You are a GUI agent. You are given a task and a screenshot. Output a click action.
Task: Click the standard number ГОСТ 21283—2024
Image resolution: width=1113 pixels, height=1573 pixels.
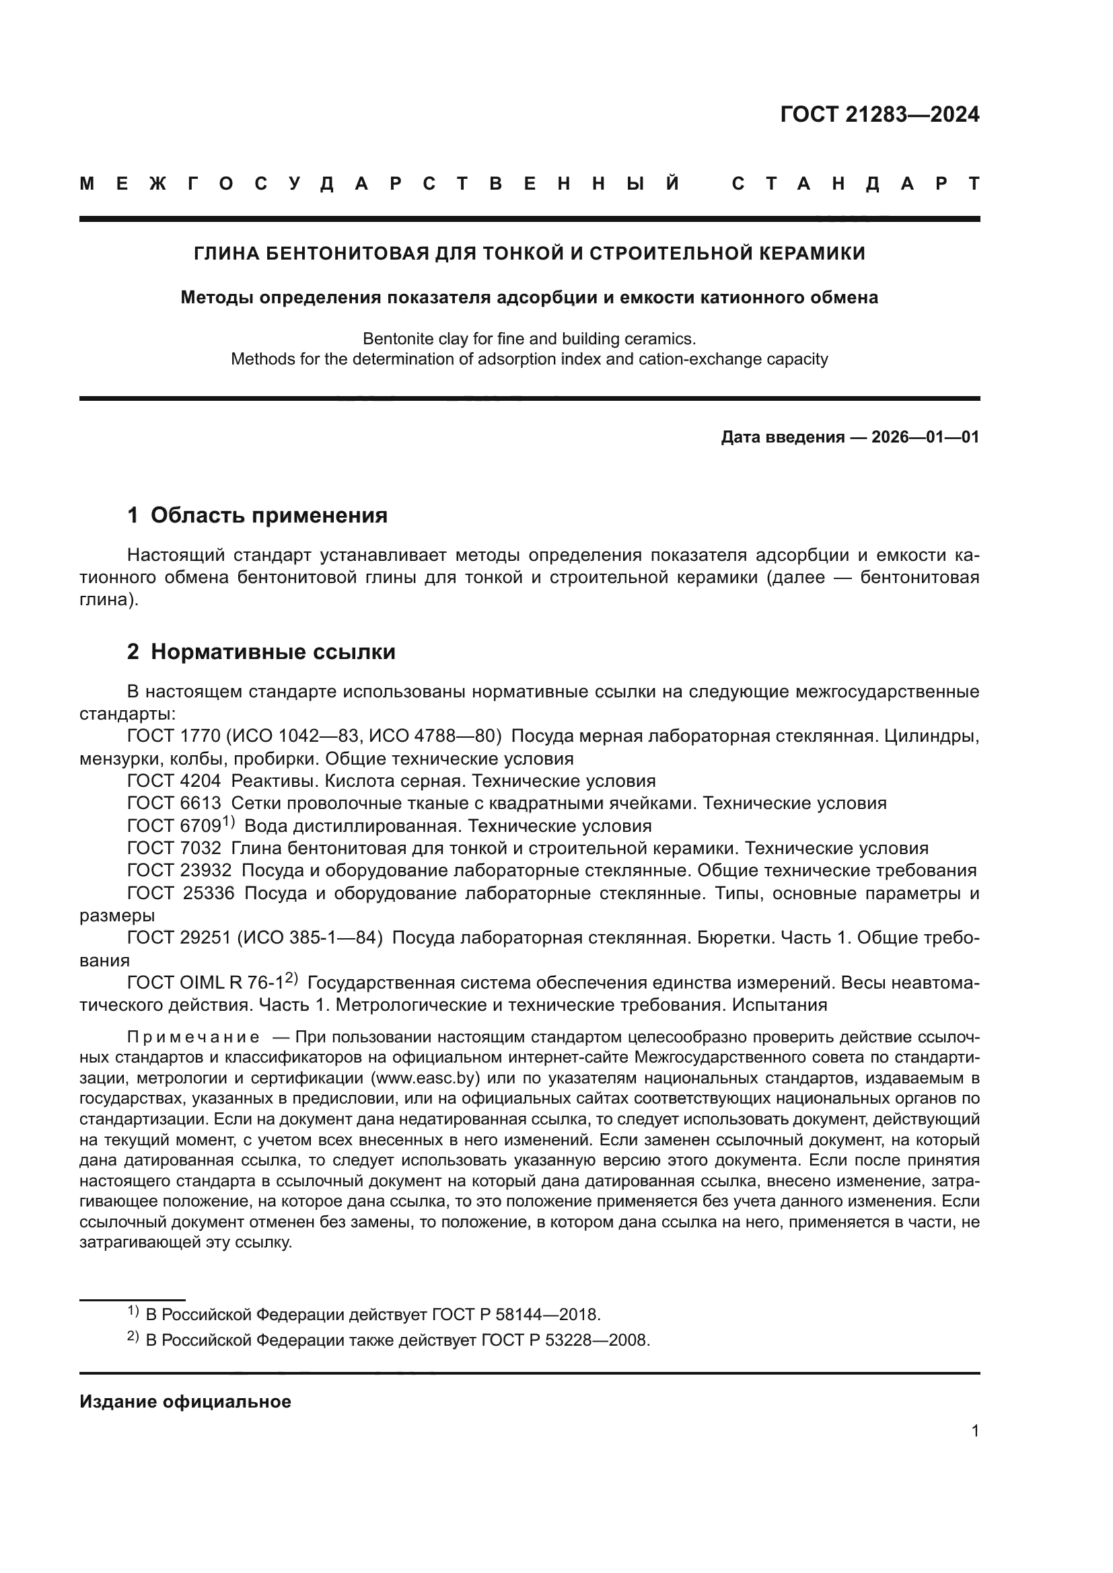tap(879, 114)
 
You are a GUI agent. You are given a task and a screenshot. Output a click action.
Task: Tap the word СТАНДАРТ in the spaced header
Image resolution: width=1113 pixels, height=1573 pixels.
tap(855, 184)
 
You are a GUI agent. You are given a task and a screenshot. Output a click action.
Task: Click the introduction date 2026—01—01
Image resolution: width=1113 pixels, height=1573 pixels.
tap(925, 437)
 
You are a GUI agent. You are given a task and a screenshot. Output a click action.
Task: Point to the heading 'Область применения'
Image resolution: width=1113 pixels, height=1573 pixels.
tap(268, 516)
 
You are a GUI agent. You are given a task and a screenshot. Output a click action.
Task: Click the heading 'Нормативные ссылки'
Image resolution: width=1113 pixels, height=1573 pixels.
tap(273, 652)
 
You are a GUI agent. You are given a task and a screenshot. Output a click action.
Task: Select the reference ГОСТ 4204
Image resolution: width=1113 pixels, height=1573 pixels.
tap(174, 781)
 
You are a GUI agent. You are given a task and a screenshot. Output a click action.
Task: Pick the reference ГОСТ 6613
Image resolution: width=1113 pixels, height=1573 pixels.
tap(174, 804)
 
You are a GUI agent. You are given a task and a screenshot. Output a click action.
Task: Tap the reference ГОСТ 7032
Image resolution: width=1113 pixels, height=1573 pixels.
tap(174, 849)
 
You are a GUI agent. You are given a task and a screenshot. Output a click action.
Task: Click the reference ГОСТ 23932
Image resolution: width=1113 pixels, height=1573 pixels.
tap(180, 871)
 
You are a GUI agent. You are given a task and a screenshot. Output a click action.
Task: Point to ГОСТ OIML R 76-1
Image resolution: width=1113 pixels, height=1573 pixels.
tap(206, 983)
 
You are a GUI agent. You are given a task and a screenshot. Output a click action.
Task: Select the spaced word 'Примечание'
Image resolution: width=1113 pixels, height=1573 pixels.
tap(193, 1037)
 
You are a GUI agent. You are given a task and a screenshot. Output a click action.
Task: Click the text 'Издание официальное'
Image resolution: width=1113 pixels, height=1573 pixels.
tap(185, 1402)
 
